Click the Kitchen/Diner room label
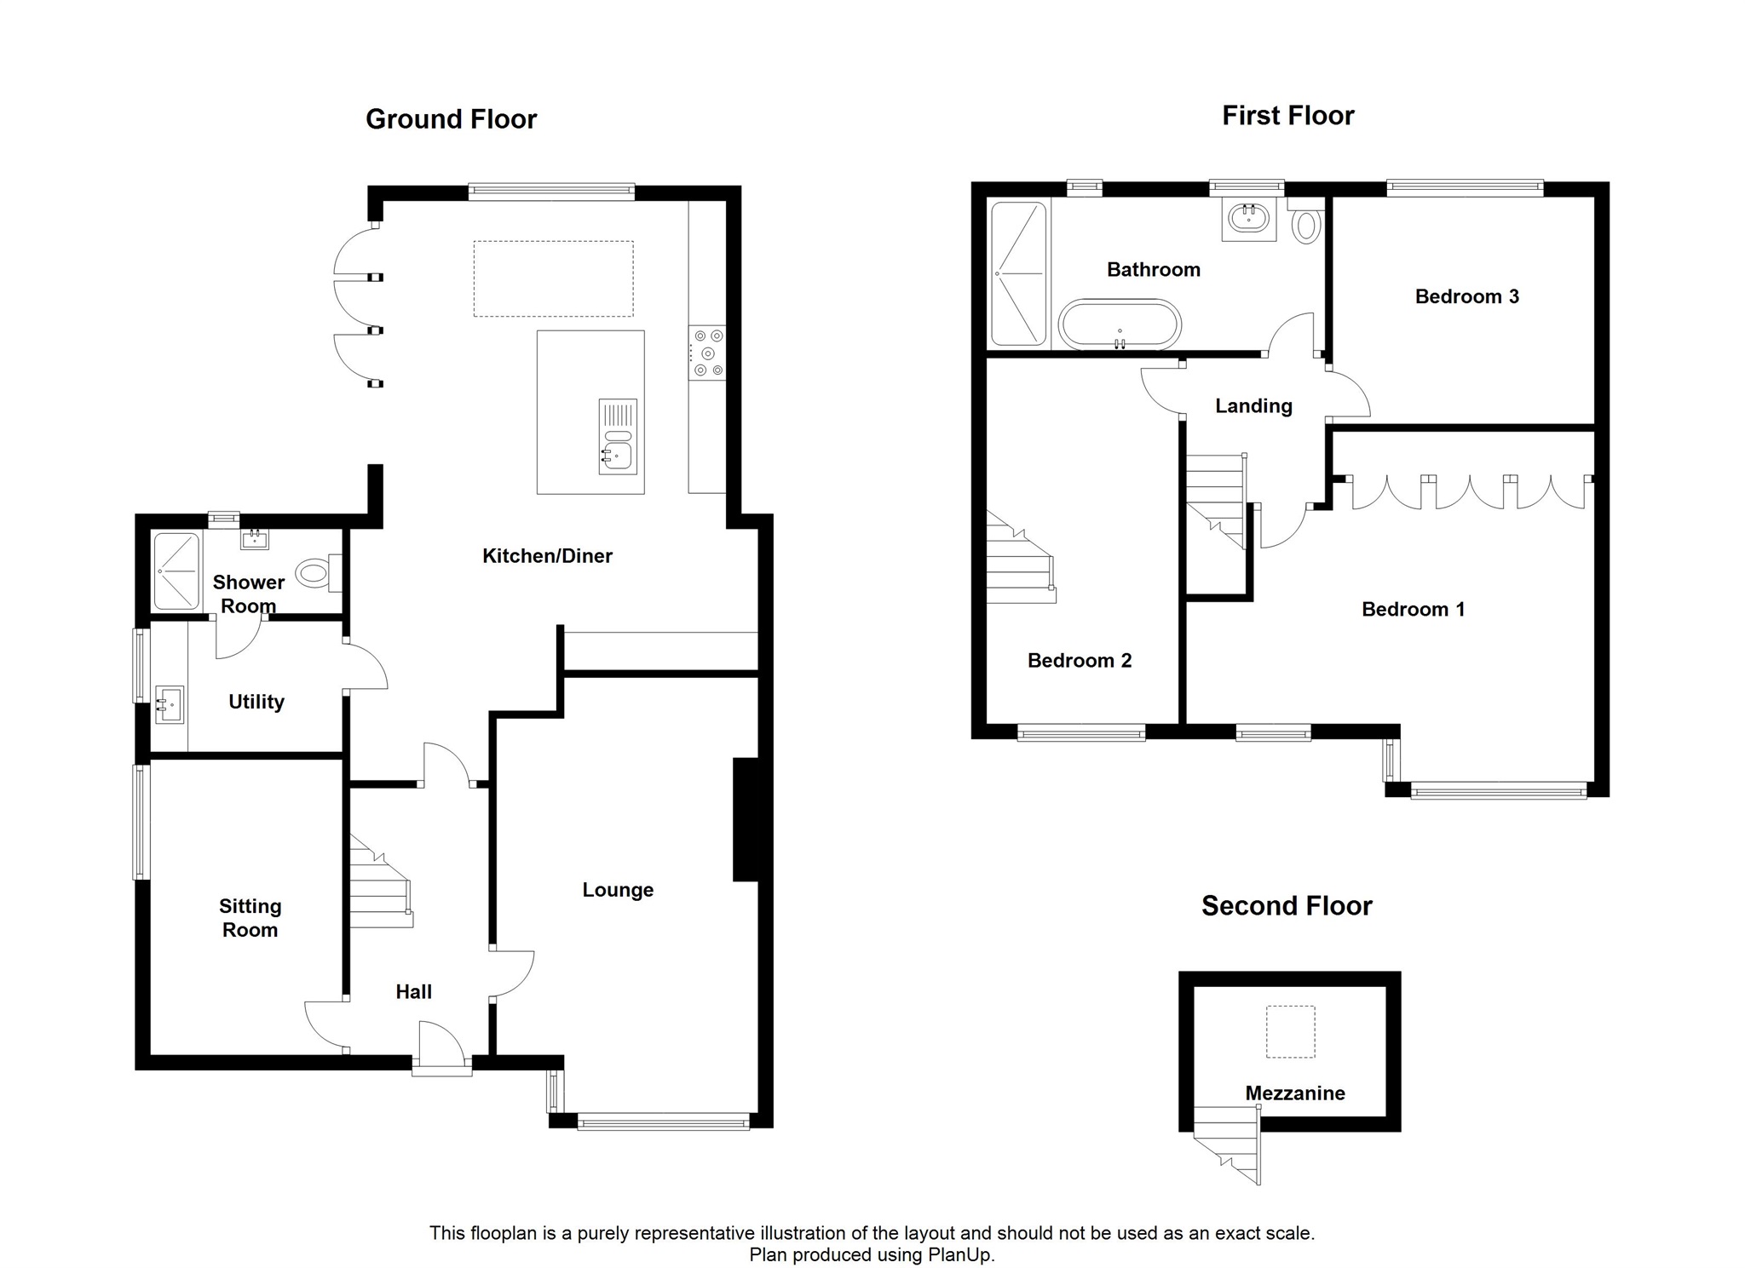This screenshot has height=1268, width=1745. coord(547,556)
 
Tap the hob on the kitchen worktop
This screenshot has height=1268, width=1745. coord(707,353)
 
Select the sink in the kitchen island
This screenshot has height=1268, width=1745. coord(618,436)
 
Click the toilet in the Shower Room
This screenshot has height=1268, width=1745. coord(320,573)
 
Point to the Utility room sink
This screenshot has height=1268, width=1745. coord(170,704)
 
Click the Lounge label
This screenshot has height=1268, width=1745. coord(618,890)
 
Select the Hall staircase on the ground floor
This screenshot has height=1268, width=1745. coord(380,881)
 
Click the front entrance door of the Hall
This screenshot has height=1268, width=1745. coord(442,1047)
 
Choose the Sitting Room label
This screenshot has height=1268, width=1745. coord(250,918)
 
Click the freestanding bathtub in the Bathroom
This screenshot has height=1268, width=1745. coord(1120,324)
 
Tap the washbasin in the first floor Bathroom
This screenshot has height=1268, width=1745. coord(1249,219)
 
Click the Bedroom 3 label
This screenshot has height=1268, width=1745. coord(1466,296)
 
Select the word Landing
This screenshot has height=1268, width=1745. coord(1253,406)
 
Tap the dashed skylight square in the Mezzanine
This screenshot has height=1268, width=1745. coord(1290,1031)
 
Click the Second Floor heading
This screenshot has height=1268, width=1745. coord(1287,905)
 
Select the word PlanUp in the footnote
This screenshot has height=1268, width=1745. coord(960,1254)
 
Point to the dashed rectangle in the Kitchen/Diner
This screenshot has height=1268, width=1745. coord(553,278)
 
